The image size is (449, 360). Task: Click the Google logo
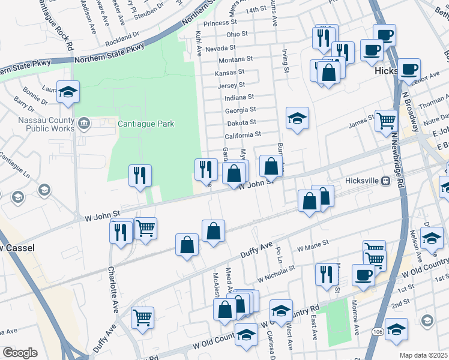(x=20, y=353)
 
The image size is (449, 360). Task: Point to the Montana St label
(x=235, y=59)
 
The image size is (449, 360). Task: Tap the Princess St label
(x=221, y=23)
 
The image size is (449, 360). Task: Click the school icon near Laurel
(x=68, y=92)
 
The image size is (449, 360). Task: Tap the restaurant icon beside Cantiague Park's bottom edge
(x=139, y=176)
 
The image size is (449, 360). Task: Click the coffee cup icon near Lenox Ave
(x=409, y=70)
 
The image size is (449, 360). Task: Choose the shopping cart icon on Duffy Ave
(x=142, y=317)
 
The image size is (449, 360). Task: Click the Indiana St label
(x=240, y=97)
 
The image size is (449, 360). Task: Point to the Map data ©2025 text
(x=424, y=355)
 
